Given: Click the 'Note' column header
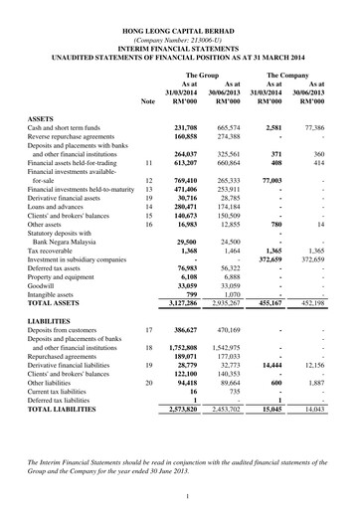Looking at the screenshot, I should click(x=148, y=101).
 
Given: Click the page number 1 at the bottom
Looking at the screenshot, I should click(x=180, y=494).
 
